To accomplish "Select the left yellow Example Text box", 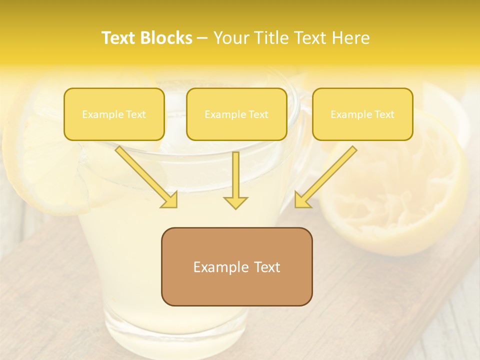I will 114,114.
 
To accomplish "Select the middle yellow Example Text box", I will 236,114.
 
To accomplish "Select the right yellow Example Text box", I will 362,114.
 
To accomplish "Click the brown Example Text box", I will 236,266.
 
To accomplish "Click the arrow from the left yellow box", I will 145,175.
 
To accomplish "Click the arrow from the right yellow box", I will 327,175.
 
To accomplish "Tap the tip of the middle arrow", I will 235,206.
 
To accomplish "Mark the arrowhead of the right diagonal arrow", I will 301,201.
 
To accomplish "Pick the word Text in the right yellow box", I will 384,114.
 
